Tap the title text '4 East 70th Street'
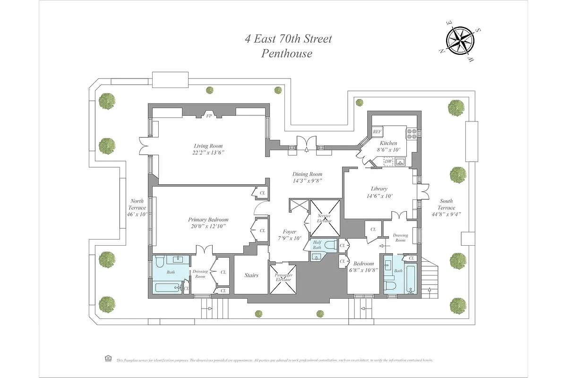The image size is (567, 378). pyautogui.click(x=288, y=38)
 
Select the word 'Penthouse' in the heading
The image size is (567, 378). pyautogui.click(x=287, y=53)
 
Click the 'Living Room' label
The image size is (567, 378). pyautogui.click(x=208, y=146)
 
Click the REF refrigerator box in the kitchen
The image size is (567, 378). pyautogui.click(x=377, y=132)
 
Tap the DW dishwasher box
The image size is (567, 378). pyautogui.click(x=388, y=162)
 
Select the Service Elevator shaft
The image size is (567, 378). pyautogui.click(x=324, y=218)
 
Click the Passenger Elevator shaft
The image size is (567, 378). pyautogui.click(x=283, y=278)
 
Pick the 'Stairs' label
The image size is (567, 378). pyautogui.click(x=251, y=275)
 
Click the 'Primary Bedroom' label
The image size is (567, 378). pyautogui.click(x=208, y=220)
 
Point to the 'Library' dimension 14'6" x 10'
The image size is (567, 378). pyautogui.click(x=379, y=196)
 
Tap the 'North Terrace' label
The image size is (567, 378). pyautogui.click(x=137, y=207)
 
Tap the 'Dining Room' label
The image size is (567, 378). pyautogui.click(x=308, y=174)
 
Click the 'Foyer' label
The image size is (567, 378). pyautogui.click(x=289, y=232)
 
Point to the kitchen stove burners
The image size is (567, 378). pyautogui.click(x=412, y=134)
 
